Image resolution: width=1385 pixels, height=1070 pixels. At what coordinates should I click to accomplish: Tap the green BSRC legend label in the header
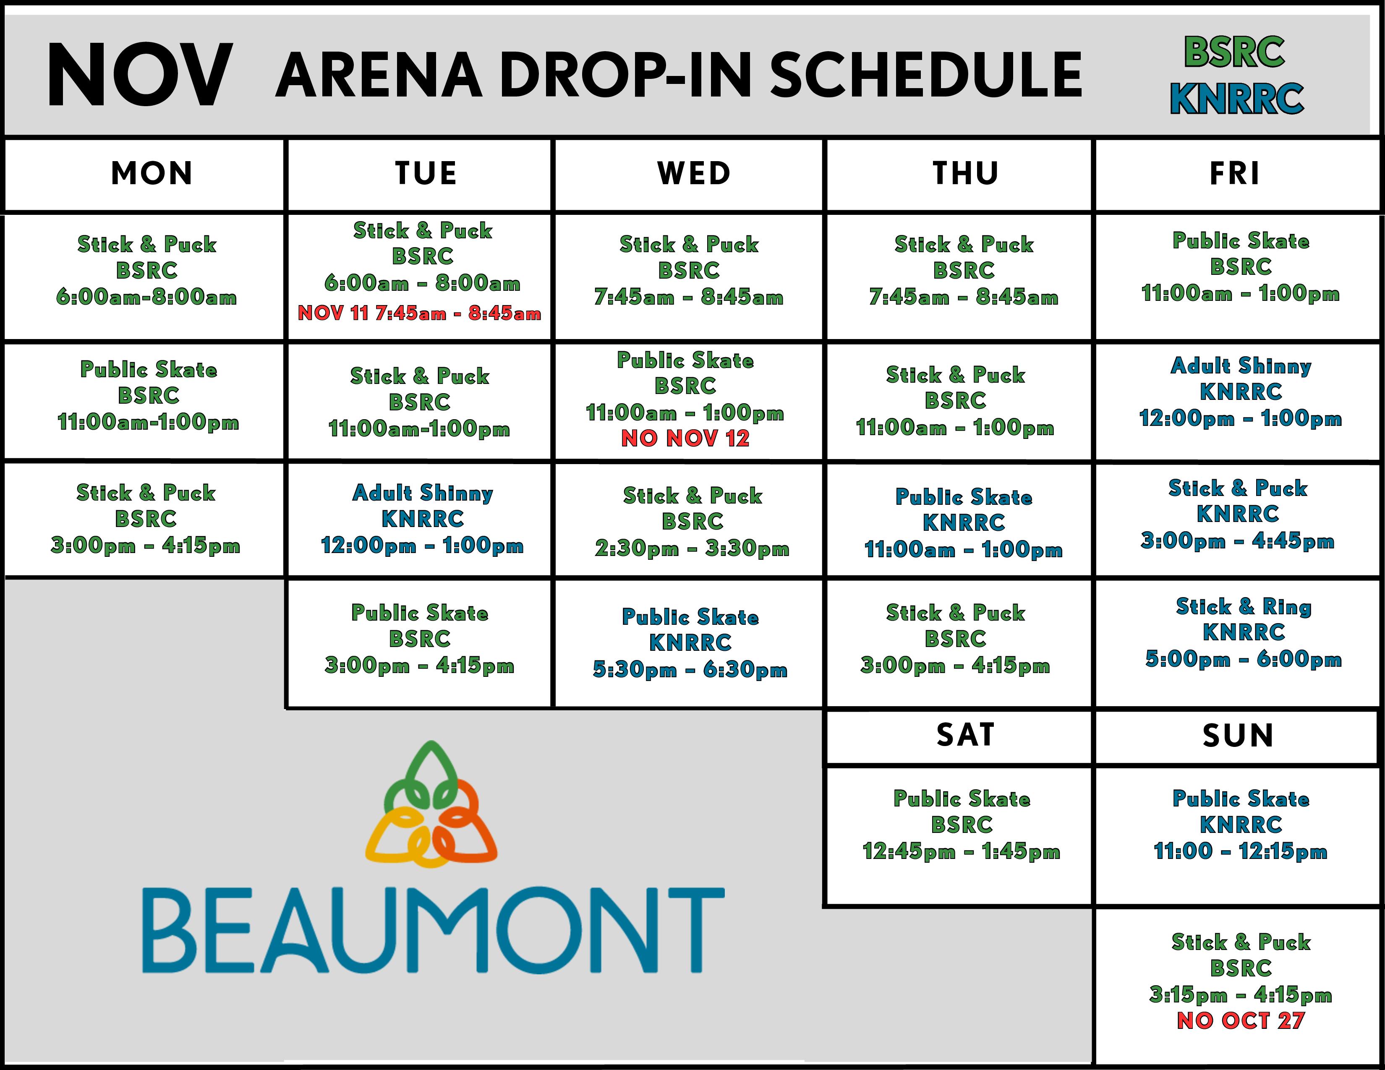(x=1234, y=52)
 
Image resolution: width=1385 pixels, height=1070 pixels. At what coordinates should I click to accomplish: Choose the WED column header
(x=694, y=173)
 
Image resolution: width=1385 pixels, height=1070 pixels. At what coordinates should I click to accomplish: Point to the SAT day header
(x=965, y=735)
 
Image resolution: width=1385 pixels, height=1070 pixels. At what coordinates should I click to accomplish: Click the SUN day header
(x=1238, y=735)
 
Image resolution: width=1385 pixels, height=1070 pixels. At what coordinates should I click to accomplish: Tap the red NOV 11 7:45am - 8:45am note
(x=419, y=313)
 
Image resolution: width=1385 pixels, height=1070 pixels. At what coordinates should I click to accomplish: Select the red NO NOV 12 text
(x=685, y=438)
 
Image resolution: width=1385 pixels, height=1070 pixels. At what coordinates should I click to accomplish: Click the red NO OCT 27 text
(x=1240, y=1020)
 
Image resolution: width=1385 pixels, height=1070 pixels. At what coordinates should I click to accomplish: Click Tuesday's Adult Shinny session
(x=422, y=519)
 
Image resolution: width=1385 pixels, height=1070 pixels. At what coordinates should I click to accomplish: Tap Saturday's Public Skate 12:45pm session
(x=962, y=824)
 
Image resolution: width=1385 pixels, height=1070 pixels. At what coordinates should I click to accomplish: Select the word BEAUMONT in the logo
(x=432, y=929)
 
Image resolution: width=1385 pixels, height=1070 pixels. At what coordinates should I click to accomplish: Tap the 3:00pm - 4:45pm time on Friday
(x=1238, y=541)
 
